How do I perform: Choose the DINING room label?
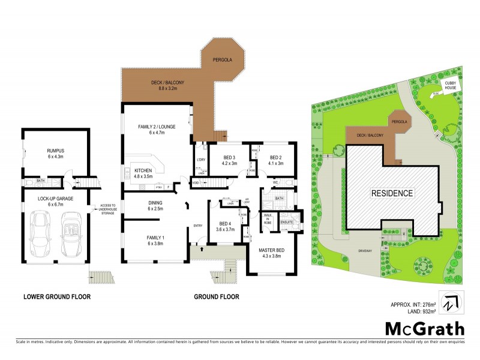click(155, 203)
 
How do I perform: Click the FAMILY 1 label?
click(155, 236)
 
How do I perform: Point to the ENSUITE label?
click(287, 222)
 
